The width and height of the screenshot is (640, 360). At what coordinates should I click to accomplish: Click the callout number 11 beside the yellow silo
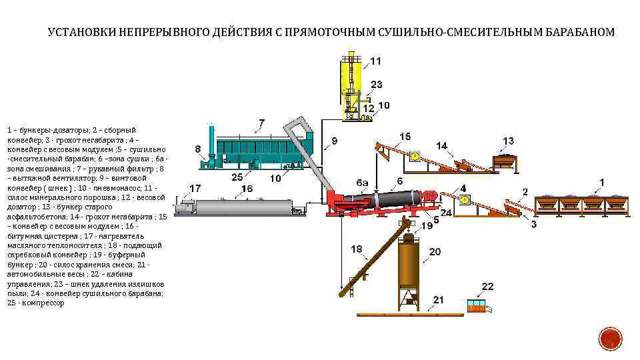tap(376, 61)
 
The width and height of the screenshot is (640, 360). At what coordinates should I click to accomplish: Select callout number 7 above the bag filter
tap(261, 123)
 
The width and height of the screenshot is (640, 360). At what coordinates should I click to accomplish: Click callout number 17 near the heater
tap(195, 188)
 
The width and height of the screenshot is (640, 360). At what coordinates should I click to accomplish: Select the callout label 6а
tap(363, 183)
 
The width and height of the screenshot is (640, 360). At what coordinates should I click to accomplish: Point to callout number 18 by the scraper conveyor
tap(357, 249)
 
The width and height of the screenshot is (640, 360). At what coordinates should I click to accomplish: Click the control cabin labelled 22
tap(475, 307)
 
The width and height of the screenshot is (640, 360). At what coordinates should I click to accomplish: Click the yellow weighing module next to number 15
tap(415, 157)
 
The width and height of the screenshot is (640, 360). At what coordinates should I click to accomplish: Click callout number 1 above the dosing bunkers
tap(602, 181)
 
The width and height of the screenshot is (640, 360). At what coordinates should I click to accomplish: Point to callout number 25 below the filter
tap(237, 177)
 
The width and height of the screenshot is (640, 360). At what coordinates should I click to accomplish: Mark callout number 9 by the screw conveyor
tap(334, 141)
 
